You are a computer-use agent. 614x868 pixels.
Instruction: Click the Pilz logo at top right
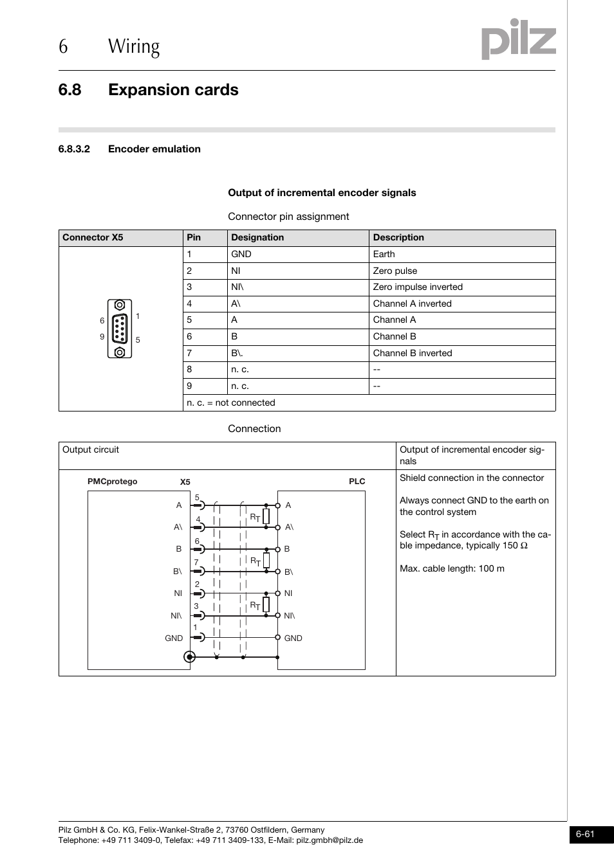pyautogui.click(x=518, y=39)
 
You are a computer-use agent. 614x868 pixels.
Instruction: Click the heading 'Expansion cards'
pyautogui.click(x=173, y=90)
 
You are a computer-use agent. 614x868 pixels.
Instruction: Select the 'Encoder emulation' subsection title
pyautogui.click(x=154, y=149)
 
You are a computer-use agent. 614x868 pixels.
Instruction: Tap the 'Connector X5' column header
pyautogui.click(x=93, y=237)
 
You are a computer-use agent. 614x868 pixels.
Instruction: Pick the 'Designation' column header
pyautogui.click(x=257, y=237)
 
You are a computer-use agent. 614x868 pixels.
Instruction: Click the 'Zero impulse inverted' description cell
pyautogui.click(x=418, y=287)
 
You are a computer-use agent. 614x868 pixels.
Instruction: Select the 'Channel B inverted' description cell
pyautogui.click(x=413, y=353)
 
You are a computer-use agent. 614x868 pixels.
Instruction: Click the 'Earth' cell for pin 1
pyautogui.click(x=384, y=254)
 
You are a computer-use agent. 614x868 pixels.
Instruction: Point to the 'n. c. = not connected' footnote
pyautogui.click(x=231, y=402)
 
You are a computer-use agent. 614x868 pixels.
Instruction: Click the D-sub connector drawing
pyautogui.click(x=120, y=329)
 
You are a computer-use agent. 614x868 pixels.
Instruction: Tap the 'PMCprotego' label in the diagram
pyautogui.click(x=113, y=482)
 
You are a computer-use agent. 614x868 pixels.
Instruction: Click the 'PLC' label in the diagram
pyautogui.click(x=357, y=482)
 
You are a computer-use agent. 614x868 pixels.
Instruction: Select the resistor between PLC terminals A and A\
pyautogui.click(x=266, y=516)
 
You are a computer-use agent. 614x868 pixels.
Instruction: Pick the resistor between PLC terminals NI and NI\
pyautogui.click(x=266, y=604)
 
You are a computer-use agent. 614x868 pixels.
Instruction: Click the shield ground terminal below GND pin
pyautogui.click(x=189, y=656)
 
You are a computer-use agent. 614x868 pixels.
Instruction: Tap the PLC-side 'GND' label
pyautogui.click(x=293, y=638)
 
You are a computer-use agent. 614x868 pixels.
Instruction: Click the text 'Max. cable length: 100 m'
pyautogui.click(x=452, y=568)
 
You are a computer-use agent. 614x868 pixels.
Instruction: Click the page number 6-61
pyautogui.click(x=585, y=834)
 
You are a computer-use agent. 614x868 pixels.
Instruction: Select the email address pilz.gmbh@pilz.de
pyautogui.click(x=330, y=840)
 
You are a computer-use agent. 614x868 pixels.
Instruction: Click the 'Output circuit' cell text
pyautogui.click(x=91, y=449)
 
